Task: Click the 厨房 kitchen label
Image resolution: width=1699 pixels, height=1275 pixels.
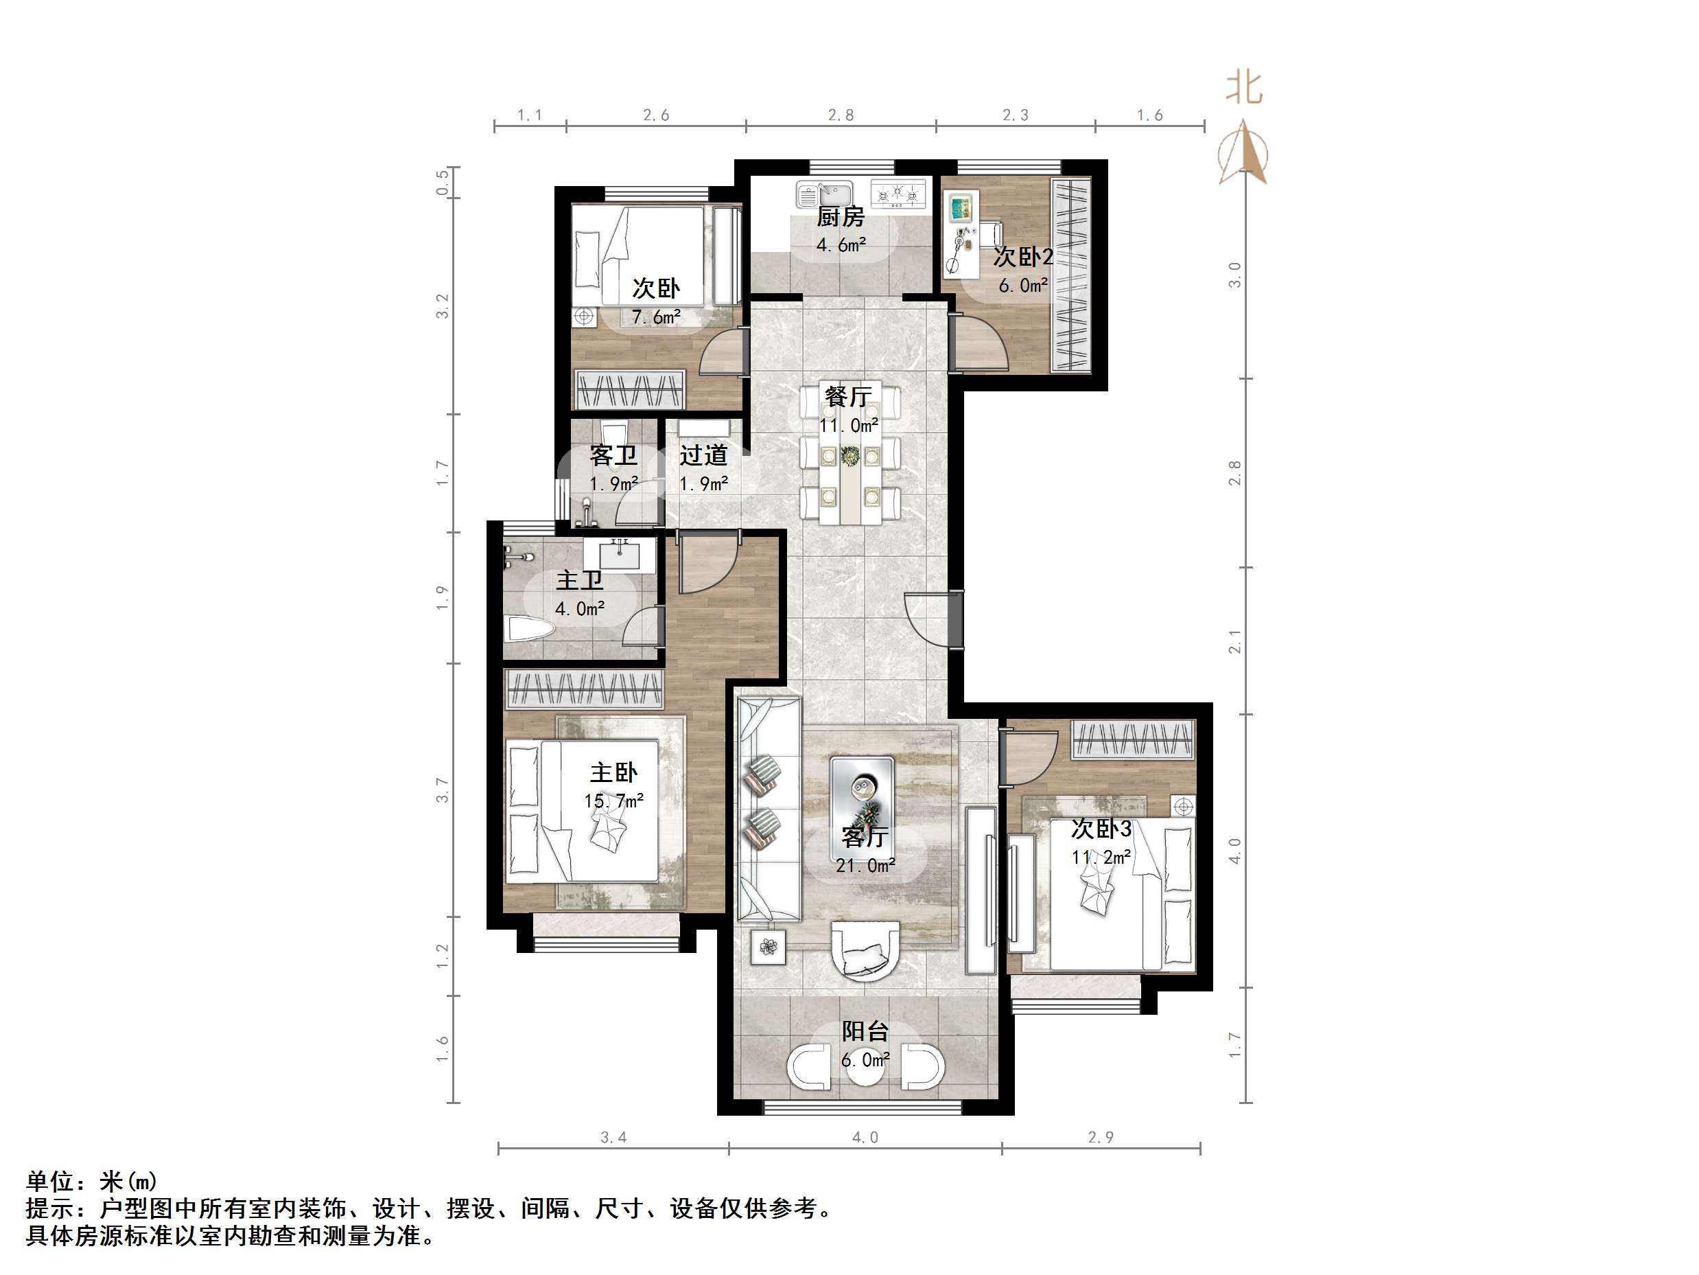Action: click(841, 218)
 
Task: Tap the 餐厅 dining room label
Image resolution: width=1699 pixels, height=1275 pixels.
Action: click(848, 397)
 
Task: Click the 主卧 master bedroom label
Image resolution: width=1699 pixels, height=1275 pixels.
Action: click(613, 772)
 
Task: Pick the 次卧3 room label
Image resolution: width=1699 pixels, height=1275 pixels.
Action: click(1101, 829)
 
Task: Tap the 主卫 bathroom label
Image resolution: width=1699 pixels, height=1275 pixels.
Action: click(579, 580)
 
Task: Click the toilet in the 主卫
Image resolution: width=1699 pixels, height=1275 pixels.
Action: click(529, 631)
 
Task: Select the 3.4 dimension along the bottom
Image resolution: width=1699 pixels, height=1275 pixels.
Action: click(613, 1138)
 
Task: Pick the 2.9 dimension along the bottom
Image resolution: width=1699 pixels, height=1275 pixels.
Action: click(1101, 1138)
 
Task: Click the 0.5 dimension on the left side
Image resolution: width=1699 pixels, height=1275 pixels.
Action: click(443, 183)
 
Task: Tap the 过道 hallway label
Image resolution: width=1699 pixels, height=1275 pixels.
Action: click(703, 456)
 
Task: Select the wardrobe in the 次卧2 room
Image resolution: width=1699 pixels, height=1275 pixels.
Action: click(1070, 275)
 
